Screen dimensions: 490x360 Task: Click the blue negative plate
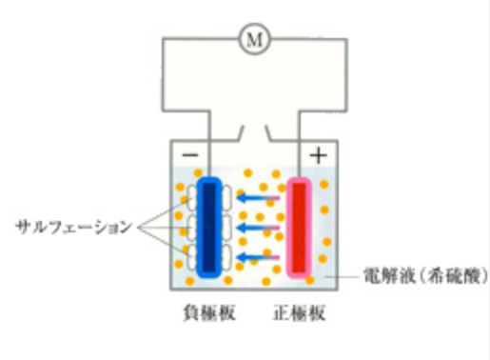click(x=210, y=228)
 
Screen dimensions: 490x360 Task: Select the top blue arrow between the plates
click(x=257, y=199)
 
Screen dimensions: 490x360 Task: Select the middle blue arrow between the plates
click(x=257, y=229)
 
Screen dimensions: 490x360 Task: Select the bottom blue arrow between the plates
click(x=257, y=257)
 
